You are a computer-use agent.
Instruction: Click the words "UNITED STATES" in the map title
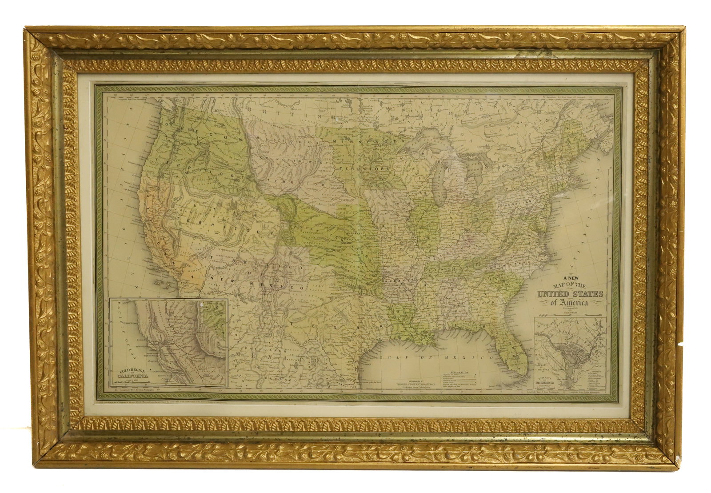click(570, 294)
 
